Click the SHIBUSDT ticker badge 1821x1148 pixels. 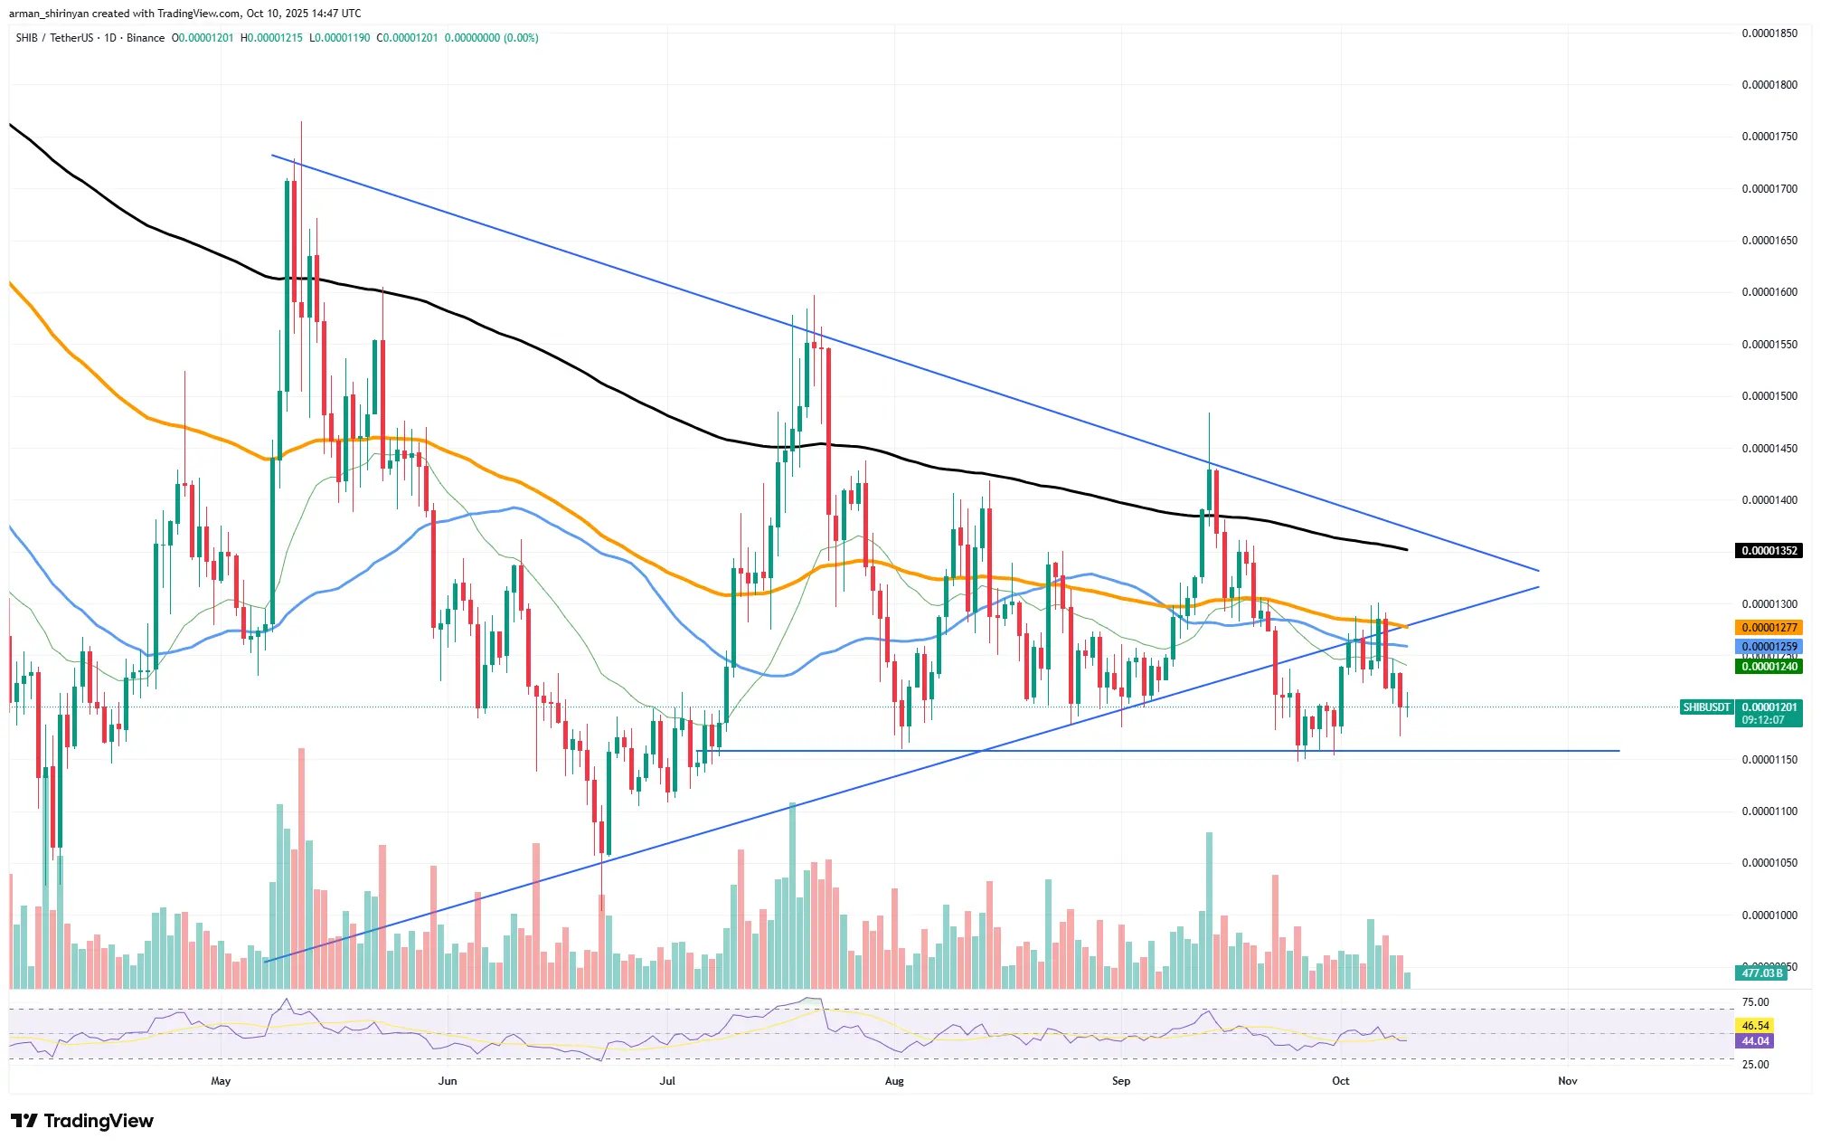1706,707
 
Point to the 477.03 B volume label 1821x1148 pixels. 1760,973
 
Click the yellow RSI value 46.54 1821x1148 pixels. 1755,1026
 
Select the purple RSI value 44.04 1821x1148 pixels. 1755,1041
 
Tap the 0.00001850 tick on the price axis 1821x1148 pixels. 1769,33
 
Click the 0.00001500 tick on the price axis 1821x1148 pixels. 1769,396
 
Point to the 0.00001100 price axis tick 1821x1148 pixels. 1769,811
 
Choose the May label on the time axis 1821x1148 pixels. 221,1081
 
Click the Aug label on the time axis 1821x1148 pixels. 894,1081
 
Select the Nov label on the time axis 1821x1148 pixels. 1567,1081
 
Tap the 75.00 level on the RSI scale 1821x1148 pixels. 1755,1002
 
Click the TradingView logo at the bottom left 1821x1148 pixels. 82,1121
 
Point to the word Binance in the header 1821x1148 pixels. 146,38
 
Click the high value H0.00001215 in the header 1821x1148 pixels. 271,38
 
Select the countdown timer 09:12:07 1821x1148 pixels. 1763,721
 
